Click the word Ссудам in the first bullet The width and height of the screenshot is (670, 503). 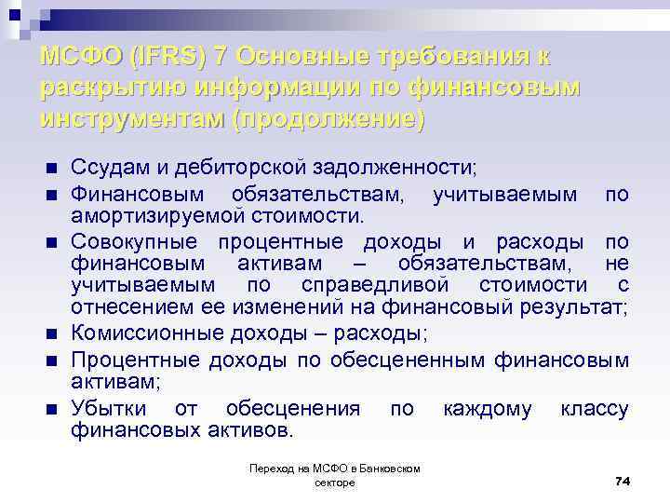coord(108,168)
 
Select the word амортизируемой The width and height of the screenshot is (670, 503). coord(149,216)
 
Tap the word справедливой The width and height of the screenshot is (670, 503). coord(376,284)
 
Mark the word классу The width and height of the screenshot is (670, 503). coord(595,409)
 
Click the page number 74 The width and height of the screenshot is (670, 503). coord(623,480)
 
